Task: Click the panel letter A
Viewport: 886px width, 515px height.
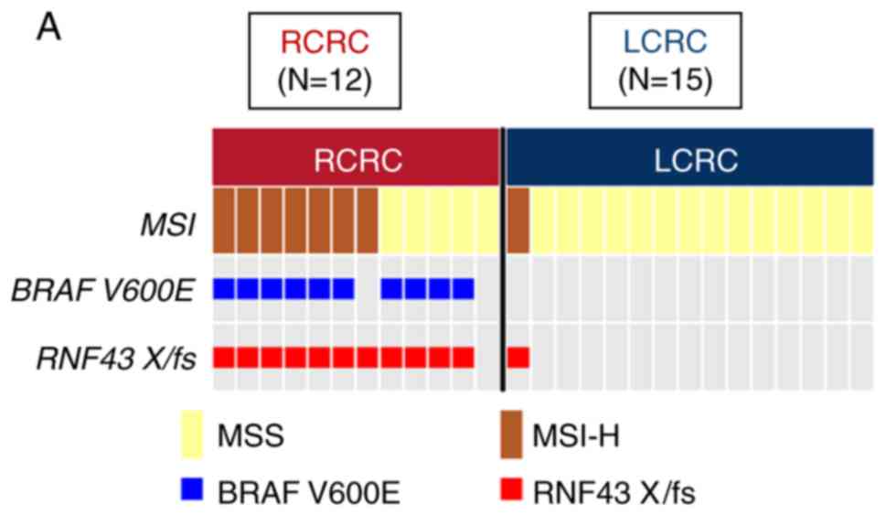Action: tap(49, 28)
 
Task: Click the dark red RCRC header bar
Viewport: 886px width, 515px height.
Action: tap(357, 159)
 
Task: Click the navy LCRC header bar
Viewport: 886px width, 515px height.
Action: tap(695, 159)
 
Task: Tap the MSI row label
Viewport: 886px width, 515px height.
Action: tap(173, 222)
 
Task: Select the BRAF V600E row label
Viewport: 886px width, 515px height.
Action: tap(103, 290)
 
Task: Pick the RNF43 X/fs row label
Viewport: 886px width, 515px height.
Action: tap(116, 357)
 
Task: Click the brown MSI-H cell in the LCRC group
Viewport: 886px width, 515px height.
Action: tap(518, 221)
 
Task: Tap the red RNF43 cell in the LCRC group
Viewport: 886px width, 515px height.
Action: tap(518, 357)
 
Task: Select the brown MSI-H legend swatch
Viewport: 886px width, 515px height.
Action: tap(512, 434)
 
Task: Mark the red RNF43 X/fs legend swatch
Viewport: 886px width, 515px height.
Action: tap(512, 493)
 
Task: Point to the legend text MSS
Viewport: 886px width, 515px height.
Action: tap(251, 436)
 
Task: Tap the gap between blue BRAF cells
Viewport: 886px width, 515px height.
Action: tap(368, 289)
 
